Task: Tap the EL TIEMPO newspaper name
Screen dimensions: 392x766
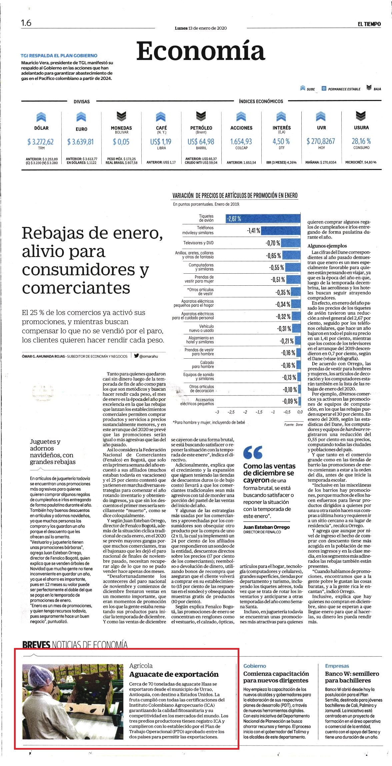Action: point(369,24)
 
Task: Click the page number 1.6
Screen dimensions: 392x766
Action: point(26,23)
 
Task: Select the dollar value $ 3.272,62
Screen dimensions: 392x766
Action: point(40,142)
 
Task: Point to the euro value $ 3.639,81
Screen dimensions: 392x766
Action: point(80,142)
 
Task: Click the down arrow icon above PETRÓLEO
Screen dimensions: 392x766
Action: point(201,116)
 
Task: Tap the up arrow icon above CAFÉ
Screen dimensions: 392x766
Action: point(161,117)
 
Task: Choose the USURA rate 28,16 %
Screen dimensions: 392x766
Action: point(361,141)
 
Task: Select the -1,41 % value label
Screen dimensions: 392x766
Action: point(253,230)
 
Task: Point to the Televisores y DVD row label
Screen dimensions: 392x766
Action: point(198,243)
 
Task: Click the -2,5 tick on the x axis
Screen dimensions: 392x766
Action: point(231,412)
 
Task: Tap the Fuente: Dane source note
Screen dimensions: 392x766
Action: point(294,425)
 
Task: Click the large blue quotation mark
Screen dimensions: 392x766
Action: point(253,452)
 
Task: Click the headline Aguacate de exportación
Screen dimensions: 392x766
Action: point(174,674)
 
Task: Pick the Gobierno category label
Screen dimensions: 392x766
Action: point(255,666)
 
